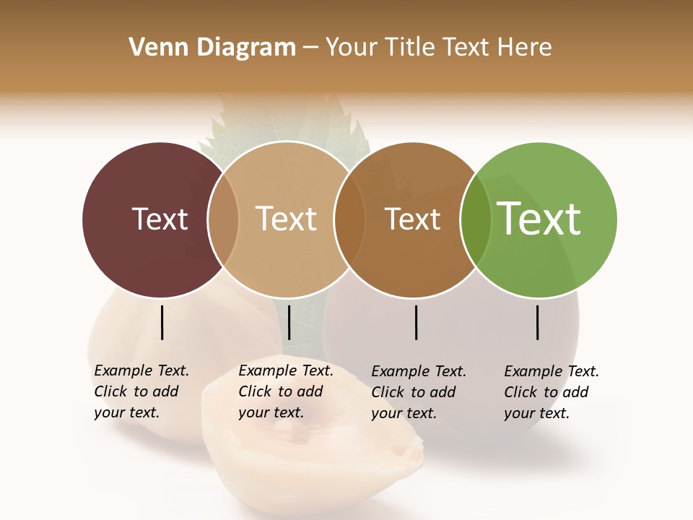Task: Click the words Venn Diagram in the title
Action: (212, 47)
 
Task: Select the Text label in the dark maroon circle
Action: (160, 219)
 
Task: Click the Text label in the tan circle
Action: (287, 219)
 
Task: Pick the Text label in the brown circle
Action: (412, 219)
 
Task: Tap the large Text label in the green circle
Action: (539, 219)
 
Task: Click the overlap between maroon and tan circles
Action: (223, 220)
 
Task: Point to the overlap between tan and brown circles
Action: (349, 220)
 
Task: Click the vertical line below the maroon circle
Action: (162, 322)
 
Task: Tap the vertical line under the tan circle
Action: (289, 322)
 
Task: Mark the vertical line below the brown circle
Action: (417, 322)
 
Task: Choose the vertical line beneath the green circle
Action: (538, 322)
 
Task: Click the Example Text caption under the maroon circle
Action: (141, 391)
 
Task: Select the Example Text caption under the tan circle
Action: (285, 391)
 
